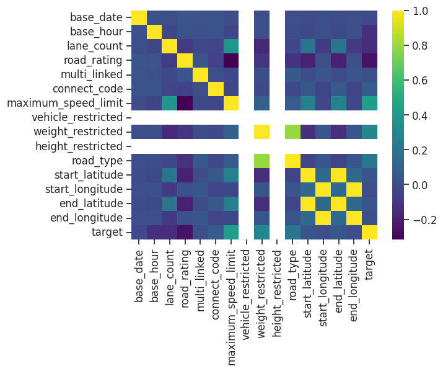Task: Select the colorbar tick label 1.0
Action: point(419,11)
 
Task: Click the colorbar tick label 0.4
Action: point(419,115)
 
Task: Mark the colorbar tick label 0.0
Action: point(419,185)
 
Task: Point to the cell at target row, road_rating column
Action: point(185,232)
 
